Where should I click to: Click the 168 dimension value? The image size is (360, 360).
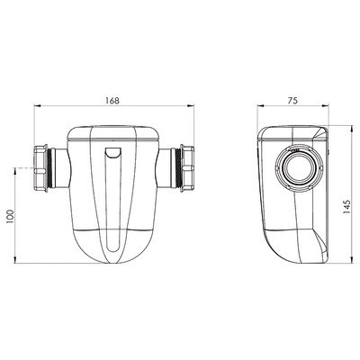click(112, 101)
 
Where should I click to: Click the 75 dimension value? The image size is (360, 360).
click(292, 101)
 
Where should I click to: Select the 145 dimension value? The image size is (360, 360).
click(346, 207)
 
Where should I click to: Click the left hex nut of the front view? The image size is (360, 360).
click(40, 168)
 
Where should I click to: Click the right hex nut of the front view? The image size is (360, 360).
click(187, 168)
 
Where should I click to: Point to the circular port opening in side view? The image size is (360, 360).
click(299, 168)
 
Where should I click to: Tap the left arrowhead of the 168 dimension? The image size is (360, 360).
click(37, 105)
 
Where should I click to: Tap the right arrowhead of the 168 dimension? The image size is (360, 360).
click(191, 105)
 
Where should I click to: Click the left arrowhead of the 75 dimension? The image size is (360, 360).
click(261, 105)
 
